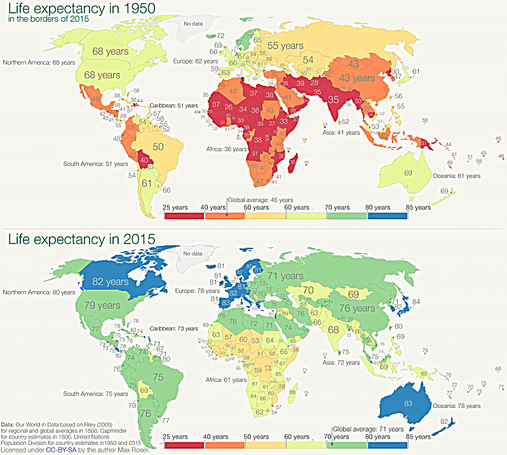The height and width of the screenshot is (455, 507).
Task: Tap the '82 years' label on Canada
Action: click(109, 281)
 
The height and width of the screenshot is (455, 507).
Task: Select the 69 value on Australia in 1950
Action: click(408, 173)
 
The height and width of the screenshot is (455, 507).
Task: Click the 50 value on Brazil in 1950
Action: click(158, 147)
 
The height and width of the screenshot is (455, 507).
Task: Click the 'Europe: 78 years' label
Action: click(195, 290)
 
